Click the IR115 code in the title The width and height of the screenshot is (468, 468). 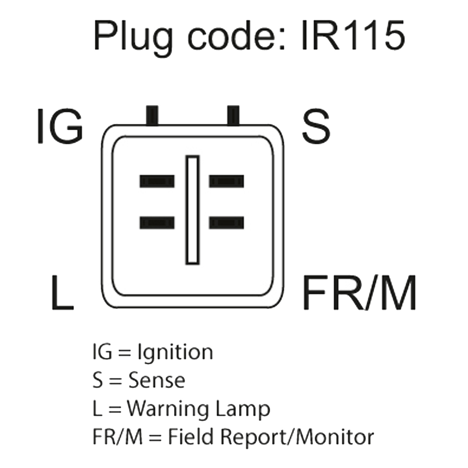pyautogui.click(x=353, y=35)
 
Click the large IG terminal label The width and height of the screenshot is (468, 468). pyautogui.click(x=60, y=125)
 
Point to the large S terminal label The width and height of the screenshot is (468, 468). pyautogui.click(x=316, y=125)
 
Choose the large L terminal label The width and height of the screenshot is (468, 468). pyautogui.click(x=62, y=292)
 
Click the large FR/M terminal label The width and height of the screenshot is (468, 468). pyautogui.click(x=359, y=292)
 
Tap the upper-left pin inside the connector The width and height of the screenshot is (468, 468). pyautogui.click(x=157, y=181)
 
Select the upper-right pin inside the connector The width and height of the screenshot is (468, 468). pyautogui.click(x=227, y=181)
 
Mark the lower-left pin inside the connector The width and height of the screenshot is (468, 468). pyautogui.click(x=157, y=223)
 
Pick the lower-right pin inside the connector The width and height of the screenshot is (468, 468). pyautogui.click(x=227, y=223)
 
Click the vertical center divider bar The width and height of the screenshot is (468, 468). pyautogui.click(x=192, y=210)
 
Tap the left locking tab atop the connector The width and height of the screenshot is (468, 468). pyautogui.click(x=152, y=115)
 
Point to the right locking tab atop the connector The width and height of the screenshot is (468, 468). pyautogui.click(x=233, y=115)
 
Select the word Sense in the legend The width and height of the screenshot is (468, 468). pyautogui.click(x=157, y=380)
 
